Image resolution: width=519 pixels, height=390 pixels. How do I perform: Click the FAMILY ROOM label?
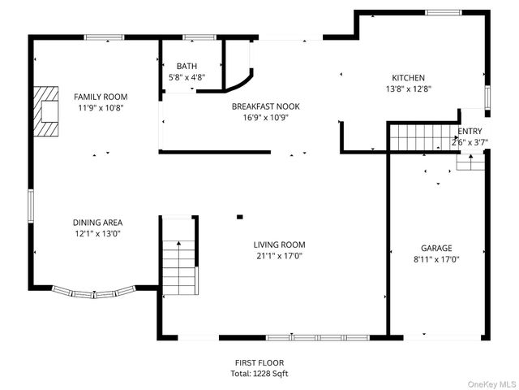click(x=101, y=97)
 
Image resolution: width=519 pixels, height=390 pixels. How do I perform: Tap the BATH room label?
click(x=187, y=66)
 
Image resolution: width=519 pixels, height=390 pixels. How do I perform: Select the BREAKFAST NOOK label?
click(x=266, y=106)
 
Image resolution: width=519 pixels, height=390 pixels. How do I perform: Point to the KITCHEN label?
click(x=408, y=78)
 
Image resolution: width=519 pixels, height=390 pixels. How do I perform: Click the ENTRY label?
click(x=470, y=131)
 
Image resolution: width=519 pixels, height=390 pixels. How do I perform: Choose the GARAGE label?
click(x=436, y=248)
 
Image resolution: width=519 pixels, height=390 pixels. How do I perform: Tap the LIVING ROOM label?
click(x=279, y=245)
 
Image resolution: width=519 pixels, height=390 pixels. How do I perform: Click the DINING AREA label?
click(x=97, y=223)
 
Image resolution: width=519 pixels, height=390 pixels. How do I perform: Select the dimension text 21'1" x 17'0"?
click(x=279, y=256)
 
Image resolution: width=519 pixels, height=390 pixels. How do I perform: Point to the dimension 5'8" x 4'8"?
click(x=187, y=77)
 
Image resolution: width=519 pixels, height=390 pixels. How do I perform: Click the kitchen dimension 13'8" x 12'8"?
click(x=408, y=89)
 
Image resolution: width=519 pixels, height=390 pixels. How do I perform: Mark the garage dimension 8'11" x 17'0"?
click(x=436, y=259)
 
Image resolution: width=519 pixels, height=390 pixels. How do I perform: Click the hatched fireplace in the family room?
click(x=46, y=111)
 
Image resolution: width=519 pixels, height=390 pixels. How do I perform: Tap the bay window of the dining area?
click(x=94, y=292)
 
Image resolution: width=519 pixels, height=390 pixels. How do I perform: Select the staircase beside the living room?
click(x=179, y=255)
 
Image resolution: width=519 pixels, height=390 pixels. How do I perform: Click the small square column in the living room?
click(x=240, y=217)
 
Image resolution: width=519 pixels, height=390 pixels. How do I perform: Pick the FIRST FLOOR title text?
click(x=259, y=363)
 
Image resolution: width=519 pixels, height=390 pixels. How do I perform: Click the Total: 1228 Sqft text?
click(x=259, y=374)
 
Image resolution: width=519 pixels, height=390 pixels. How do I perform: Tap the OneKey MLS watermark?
click(x=492, y=384)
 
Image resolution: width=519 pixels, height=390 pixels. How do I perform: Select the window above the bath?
click(x=199, y=37)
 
